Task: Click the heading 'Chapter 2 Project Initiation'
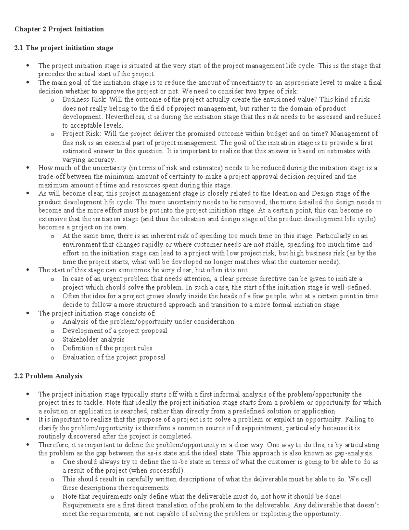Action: point(59,29)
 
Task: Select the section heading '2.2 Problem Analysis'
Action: point(48,376)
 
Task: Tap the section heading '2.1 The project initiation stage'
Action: point(64,48)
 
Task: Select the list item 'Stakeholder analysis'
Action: point(93,340)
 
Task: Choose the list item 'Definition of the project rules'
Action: point(107,348)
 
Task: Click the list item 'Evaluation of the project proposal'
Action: point(114,357)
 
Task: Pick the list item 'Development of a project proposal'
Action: point(115,331)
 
